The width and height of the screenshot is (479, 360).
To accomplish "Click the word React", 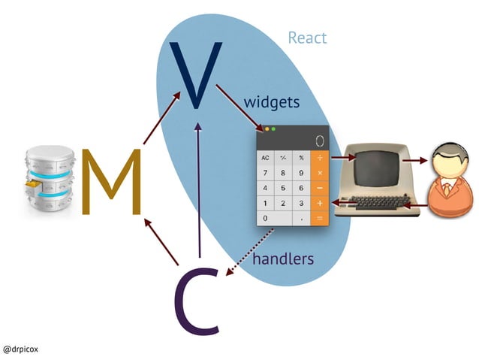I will click(307, 38).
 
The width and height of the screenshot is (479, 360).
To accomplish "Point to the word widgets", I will click(272, 101).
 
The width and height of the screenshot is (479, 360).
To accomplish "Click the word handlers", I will click(282, 259).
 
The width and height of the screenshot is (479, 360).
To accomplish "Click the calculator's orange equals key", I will click(319, 218).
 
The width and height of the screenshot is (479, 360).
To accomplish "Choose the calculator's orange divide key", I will click(319, 158).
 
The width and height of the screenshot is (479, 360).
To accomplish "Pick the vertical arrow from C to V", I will click(198, 195).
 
